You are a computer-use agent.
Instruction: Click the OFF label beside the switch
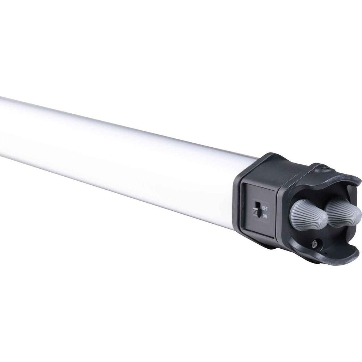click(265, 209)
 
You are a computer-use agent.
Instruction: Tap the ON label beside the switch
click(265, 216)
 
